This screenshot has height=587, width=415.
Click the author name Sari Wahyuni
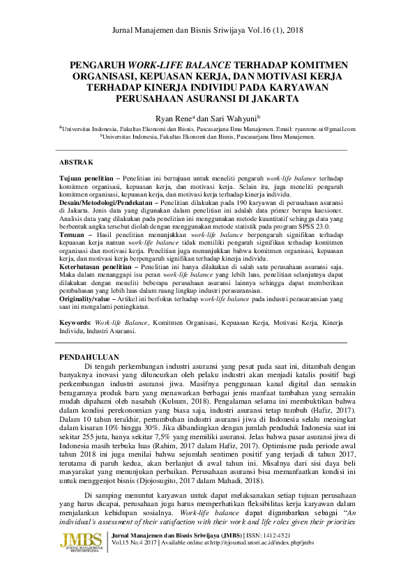tap(239, 119)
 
